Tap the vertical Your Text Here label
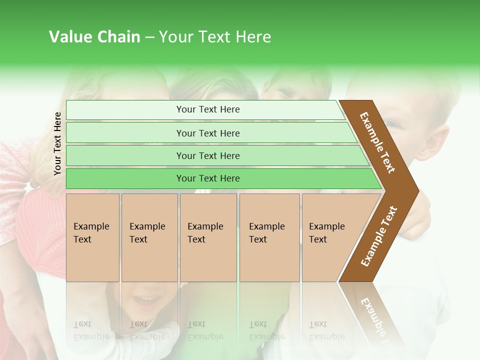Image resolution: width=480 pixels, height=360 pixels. point(57,143)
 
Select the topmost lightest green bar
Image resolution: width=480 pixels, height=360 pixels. point(207,109)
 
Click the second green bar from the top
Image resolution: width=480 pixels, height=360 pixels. point(207,133)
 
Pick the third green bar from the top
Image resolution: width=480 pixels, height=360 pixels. point(207,155)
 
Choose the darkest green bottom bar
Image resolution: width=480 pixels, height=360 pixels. point(207,178)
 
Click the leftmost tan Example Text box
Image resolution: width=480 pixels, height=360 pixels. point(92,237)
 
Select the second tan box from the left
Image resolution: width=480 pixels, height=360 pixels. point(149,237)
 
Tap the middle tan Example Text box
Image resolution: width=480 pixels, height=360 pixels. point(208,237)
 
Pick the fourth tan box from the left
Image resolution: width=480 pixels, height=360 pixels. point(269,237)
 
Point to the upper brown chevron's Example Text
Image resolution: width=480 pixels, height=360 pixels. point(377,142)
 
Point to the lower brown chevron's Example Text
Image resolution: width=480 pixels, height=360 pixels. point(379,236)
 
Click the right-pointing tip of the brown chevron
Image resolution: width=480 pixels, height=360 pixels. point(416,190)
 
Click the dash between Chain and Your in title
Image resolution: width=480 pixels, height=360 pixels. point(149,37)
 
